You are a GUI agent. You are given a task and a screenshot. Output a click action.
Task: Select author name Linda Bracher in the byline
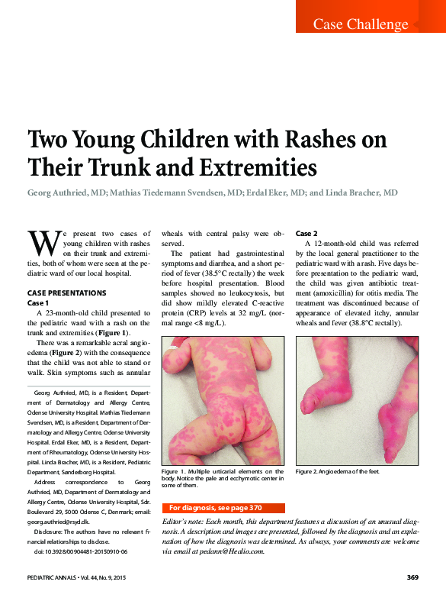(359, 193)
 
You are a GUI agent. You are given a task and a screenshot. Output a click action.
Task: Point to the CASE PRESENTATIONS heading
(68, 293)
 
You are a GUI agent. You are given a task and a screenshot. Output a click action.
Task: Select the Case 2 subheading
(306, 233)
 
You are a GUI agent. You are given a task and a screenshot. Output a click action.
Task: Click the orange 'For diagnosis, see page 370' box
(224, 508)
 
